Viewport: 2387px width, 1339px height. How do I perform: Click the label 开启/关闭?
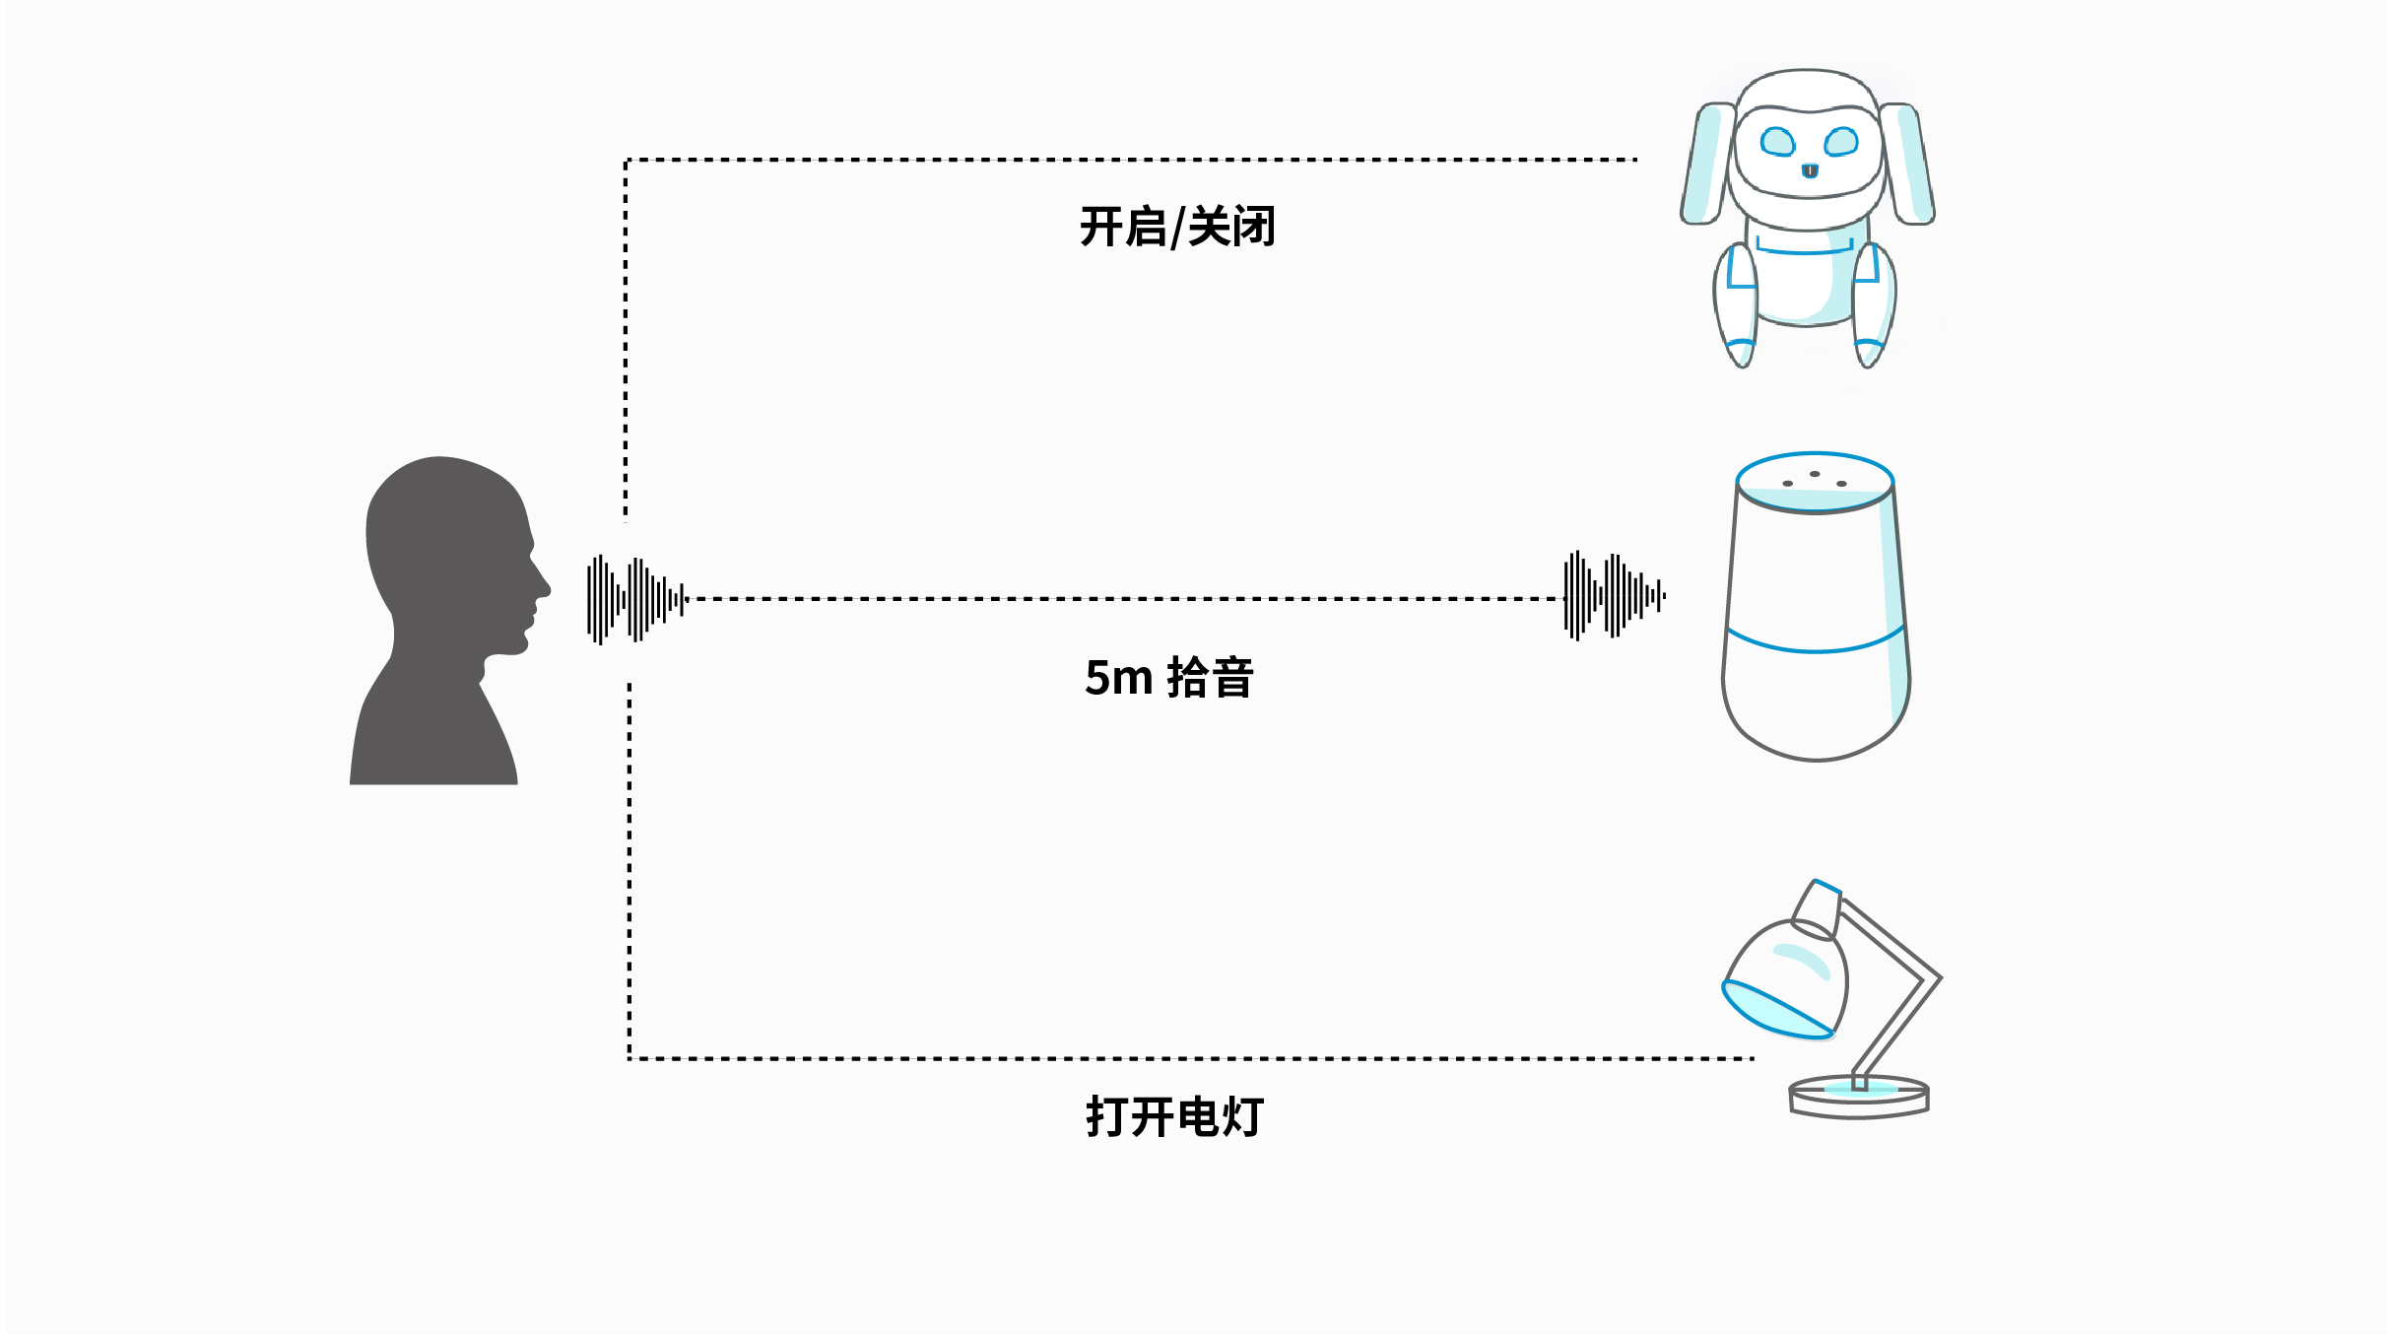1177,227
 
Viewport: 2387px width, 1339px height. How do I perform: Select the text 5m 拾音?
1168,678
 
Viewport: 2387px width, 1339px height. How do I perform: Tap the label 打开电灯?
1174,1116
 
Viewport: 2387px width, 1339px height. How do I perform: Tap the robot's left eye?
1777,142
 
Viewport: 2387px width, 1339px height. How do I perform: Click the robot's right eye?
1840,142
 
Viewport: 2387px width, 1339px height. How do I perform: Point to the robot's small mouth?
1810,171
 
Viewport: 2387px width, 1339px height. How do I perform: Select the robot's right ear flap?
1908,164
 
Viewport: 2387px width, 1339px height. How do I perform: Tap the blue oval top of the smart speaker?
1815,481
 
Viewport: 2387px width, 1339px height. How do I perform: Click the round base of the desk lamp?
1858,1098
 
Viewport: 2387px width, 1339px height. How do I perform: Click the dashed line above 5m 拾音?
1123,598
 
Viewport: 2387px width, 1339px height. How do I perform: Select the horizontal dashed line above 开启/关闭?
1133,160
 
